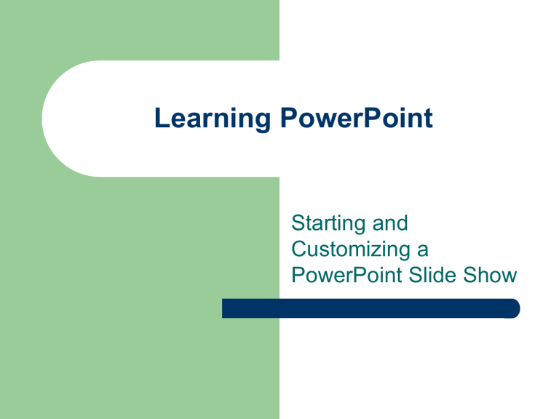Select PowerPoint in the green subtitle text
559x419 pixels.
(x=348, y=276)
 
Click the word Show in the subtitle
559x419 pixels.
(x=494, y=276)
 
